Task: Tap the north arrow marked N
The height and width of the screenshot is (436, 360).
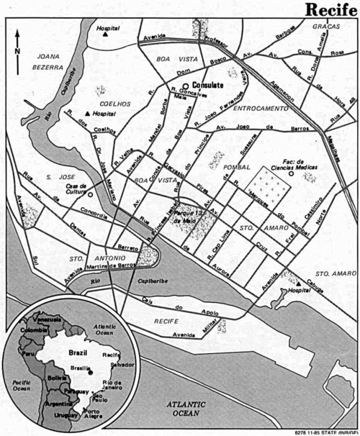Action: click(x=17, y=45)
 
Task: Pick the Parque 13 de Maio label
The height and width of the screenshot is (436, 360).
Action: click(x=192, y=216)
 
